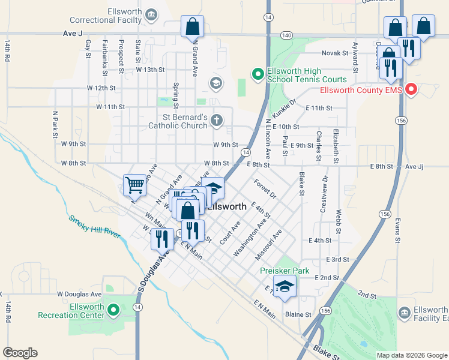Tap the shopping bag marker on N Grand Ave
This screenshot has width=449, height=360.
click(x=192, y=27)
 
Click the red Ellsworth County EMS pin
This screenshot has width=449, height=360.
click(x=411, y=90)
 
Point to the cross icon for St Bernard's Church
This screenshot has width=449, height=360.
click(x=217, y=121)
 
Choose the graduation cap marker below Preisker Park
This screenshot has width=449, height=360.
click(x=285, y=286)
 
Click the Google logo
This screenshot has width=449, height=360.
click(x=20, y=353)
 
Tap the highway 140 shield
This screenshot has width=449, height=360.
click(x=286, y=36)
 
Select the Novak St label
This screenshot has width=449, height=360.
click(x=335, y=53)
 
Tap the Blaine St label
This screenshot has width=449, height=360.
click(x=298, y=314)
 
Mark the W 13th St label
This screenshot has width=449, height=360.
click(x=149, y=70)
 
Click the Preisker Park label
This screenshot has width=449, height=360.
click(x=285, y=271)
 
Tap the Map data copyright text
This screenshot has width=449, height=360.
click(x=411, y=355)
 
